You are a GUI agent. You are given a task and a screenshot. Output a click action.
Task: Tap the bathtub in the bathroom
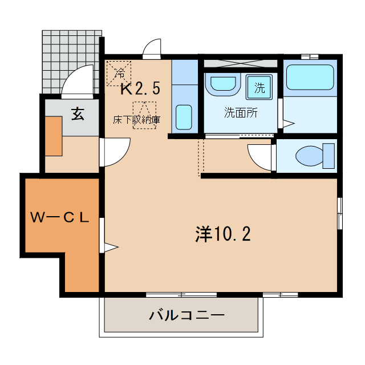[309, 78]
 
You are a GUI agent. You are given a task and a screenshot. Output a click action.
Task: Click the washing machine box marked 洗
[259, 88]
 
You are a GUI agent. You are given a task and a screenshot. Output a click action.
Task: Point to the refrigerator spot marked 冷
[119, 72]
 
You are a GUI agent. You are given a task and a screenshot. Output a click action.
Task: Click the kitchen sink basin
[184, 116]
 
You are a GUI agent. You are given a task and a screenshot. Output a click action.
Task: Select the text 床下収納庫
[136, 120]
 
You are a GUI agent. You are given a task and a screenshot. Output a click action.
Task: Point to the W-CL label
[59, 217]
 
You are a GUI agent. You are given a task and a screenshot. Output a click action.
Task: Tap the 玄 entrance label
[78, 113]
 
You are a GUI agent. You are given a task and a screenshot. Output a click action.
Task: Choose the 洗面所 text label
[240, 112]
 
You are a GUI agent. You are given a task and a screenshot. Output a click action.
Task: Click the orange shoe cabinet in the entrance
[54, 136]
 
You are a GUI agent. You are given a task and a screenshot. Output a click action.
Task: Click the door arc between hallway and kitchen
[117, 152]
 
